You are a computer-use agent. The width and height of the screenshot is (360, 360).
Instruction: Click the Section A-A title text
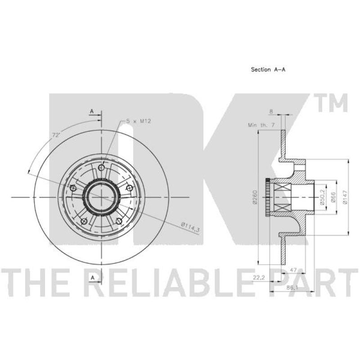(x=269, y=70)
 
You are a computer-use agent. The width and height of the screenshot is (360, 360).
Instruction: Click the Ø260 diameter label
(x=255, y=198)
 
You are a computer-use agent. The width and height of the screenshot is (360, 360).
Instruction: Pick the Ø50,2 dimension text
(x=323, y=198)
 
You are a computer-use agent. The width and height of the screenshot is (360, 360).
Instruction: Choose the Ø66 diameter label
(x=333, y=198)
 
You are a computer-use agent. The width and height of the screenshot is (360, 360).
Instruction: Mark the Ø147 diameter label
(x=345, y=198)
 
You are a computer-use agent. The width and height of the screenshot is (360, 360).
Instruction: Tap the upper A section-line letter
(x=91, y=111)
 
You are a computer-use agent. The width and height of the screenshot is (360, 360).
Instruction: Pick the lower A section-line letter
(x=93, y=278)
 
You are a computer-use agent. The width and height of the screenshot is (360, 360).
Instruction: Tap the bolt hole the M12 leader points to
(x=102, y=167)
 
